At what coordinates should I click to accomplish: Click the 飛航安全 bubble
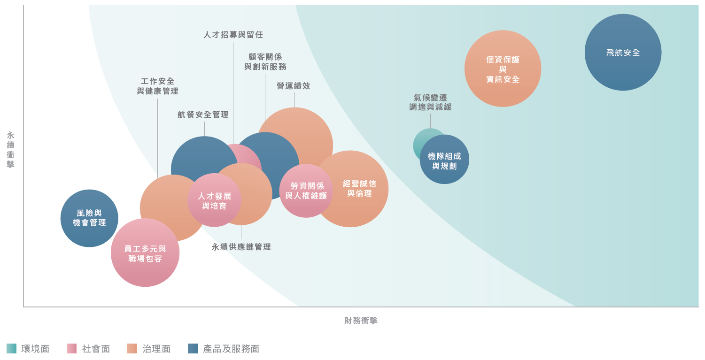(623, 52)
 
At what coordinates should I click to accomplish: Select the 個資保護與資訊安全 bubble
(503, 69)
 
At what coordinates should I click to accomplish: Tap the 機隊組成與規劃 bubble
(444, 160)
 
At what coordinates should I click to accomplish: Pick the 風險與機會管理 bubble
(89, 218)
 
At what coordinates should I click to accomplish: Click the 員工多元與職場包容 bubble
(145, 253)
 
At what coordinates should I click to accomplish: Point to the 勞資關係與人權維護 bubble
(306, 191)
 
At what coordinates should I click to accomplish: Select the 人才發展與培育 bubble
(214, 200)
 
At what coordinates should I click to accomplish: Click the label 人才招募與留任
(233, 35)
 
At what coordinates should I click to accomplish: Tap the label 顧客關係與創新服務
(265, 61)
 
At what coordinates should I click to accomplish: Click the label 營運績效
(294, 86)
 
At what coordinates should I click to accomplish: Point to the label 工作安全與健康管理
(158, 86)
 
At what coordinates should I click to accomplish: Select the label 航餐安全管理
(203, 115)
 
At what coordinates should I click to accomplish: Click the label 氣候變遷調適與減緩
(430, 102)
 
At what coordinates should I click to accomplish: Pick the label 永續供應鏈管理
(241, 247)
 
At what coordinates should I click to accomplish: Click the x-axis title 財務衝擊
(361, 321)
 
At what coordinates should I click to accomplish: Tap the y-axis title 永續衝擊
(11, 150)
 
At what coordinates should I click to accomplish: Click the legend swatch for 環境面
(11, 348)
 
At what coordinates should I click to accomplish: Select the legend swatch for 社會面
(72, 348)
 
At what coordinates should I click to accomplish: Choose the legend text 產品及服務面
(231, 349)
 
